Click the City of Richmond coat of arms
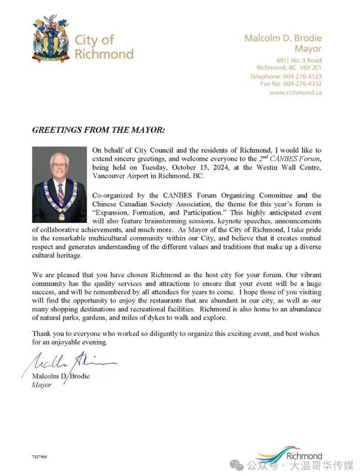pyautogui.click(x=51, y=39)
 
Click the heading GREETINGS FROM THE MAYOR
pyautogui.click(x=98, y=129)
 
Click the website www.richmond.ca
pyautogui.click(x=295, y=92)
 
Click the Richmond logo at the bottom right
pyautogui.click(x=299, y=455)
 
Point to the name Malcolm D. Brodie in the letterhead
pyautogui.click(x=283, y=38)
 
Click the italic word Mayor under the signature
pyautogui.click(x=41, y=385)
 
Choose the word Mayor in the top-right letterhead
pyautogui.click(x=308, y=49)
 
